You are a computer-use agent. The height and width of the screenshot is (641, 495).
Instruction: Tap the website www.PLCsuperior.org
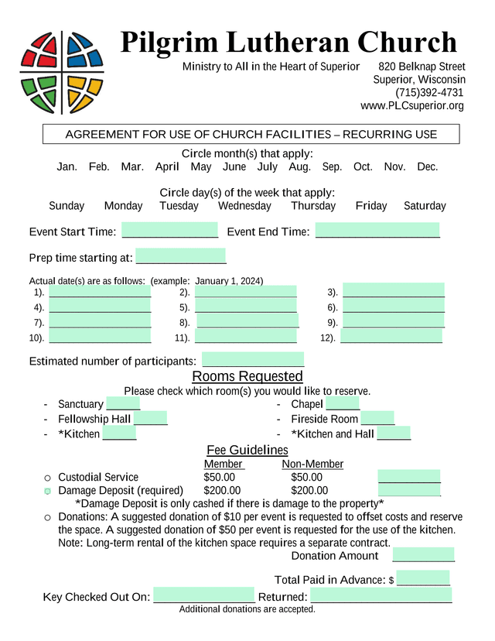412,106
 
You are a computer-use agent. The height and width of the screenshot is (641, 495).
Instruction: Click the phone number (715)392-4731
429,93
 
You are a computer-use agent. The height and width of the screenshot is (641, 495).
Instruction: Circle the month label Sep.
332,166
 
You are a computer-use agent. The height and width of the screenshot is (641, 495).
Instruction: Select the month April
167,166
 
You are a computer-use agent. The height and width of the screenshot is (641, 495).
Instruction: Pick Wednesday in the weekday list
244,206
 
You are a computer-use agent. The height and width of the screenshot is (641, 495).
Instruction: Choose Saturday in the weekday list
425,206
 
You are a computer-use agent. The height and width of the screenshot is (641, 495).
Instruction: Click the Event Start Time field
170,230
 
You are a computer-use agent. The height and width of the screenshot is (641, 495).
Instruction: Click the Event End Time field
377,230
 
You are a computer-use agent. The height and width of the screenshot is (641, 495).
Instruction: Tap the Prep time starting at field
181,256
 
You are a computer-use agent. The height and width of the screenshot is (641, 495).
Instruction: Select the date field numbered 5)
246,307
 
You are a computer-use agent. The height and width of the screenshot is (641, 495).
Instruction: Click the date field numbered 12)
391,337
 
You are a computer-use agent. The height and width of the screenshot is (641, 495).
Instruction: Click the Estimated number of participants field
253,360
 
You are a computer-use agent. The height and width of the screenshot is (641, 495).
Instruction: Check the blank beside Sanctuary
123,403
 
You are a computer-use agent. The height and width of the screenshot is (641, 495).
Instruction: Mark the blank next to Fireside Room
377,418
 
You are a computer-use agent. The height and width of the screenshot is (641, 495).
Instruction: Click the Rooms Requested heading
247,377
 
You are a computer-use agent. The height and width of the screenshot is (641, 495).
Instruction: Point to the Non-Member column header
312,464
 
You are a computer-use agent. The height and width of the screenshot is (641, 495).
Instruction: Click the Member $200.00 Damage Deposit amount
222,490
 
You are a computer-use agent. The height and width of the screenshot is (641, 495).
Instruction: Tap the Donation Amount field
423,554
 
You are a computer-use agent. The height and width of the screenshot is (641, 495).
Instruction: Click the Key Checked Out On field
204,595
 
